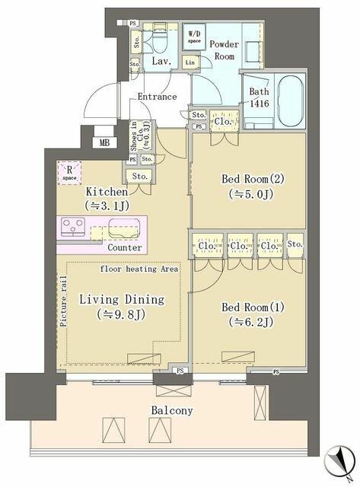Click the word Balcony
click(171, 411)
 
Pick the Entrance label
click(157, 97)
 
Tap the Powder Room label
click(224, 51)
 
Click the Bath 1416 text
click(259, 99)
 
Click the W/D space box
click(194, 36)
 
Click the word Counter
click(124, 248)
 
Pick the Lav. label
click(160, 61)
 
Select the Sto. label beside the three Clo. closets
click(295, 245)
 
